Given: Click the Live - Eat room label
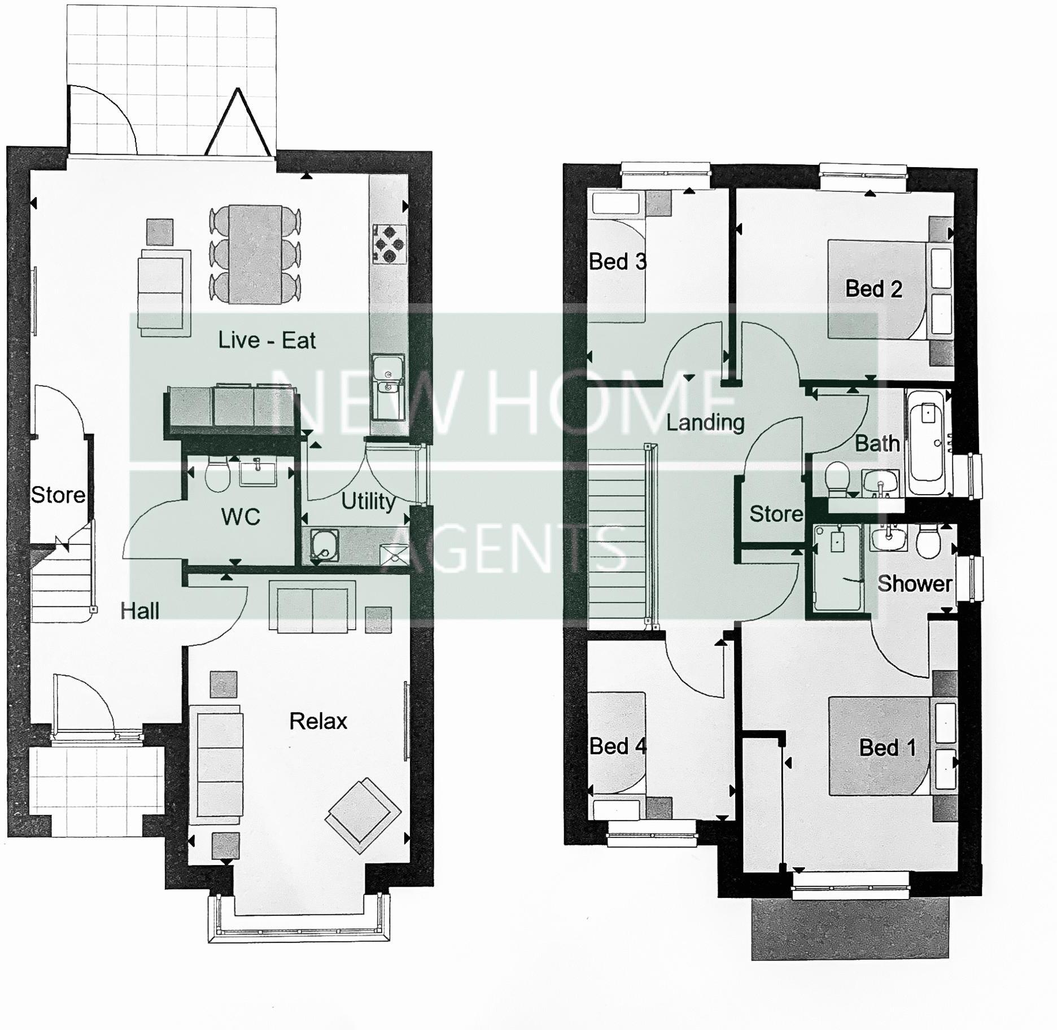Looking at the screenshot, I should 267,341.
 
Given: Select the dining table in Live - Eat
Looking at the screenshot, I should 255,254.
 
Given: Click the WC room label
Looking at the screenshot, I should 241,517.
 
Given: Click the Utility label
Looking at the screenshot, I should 368,501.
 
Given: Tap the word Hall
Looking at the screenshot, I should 139,611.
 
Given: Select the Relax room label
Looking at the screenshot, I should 318,721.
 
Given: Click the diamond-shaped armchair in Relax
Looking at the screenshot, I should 363,815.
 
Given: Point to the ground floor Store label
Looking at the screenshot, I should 58,495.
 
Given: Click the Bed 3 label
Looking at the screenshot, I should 617,261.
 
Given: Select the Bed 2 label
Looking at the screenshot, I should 873,289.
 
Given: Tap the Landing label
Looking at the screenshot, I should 705,422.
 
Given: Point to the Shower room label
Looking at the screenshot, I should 915,583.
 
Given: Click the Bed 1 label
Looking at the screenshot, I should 887,748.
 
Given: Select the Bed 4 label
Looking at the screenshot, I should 617,746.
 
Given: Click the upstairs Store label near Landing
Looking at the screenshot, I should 776,514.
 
